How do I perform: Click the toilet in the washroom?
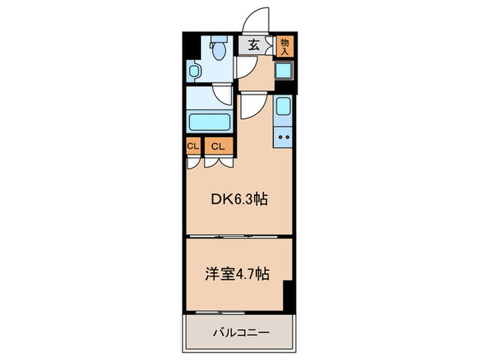(219, 49)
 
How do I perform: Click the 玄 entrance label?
(254, 45)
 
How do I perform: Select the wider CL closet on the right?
(217, 145)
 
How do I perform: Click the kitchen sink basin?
(283, 106)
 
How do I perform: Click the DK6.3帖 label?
(238, 200)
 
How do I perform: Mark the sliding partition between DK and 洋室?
(238, 237)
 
